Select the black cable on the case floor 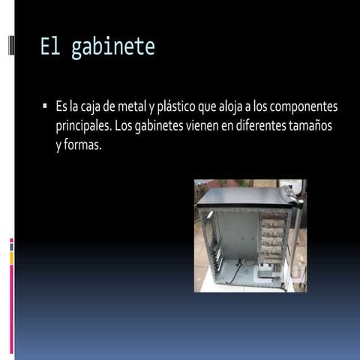(238, 271)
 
